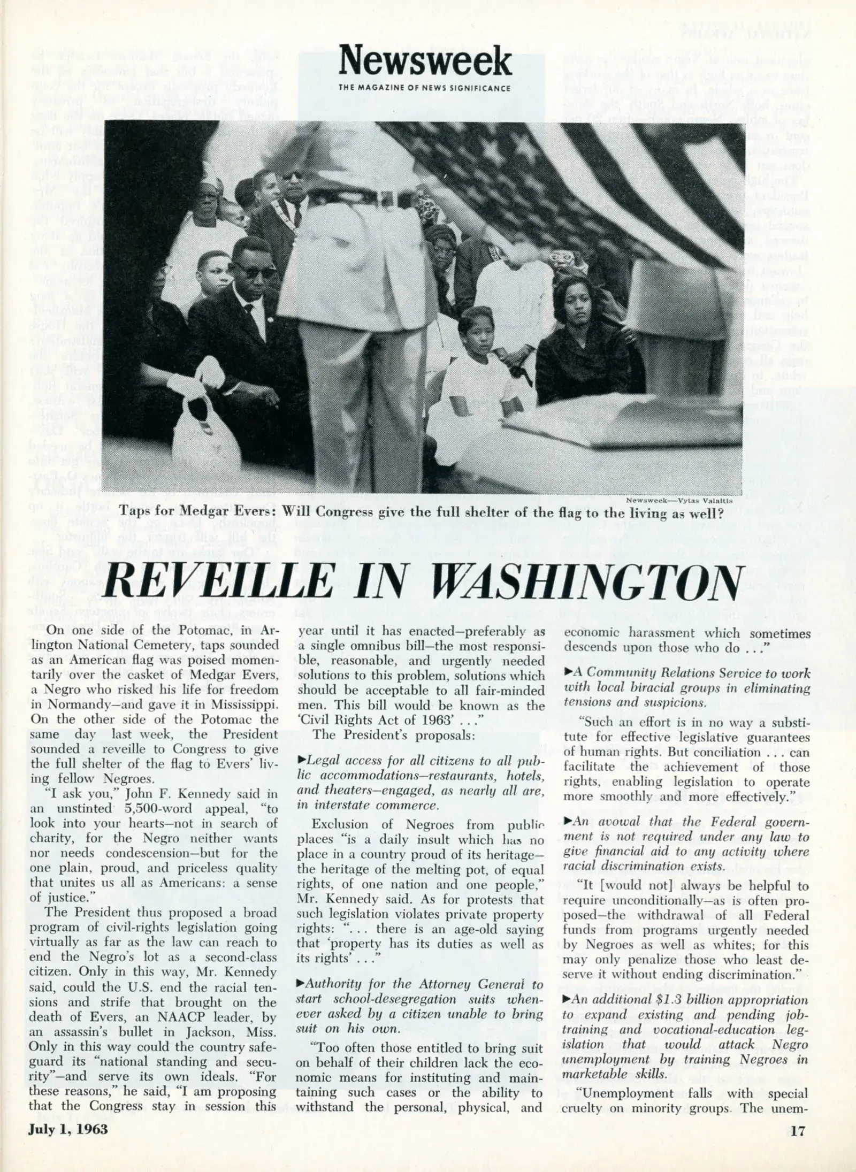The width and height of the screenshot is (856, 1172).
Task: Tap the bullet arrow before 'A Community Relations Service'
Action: (x=568, y=673)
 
